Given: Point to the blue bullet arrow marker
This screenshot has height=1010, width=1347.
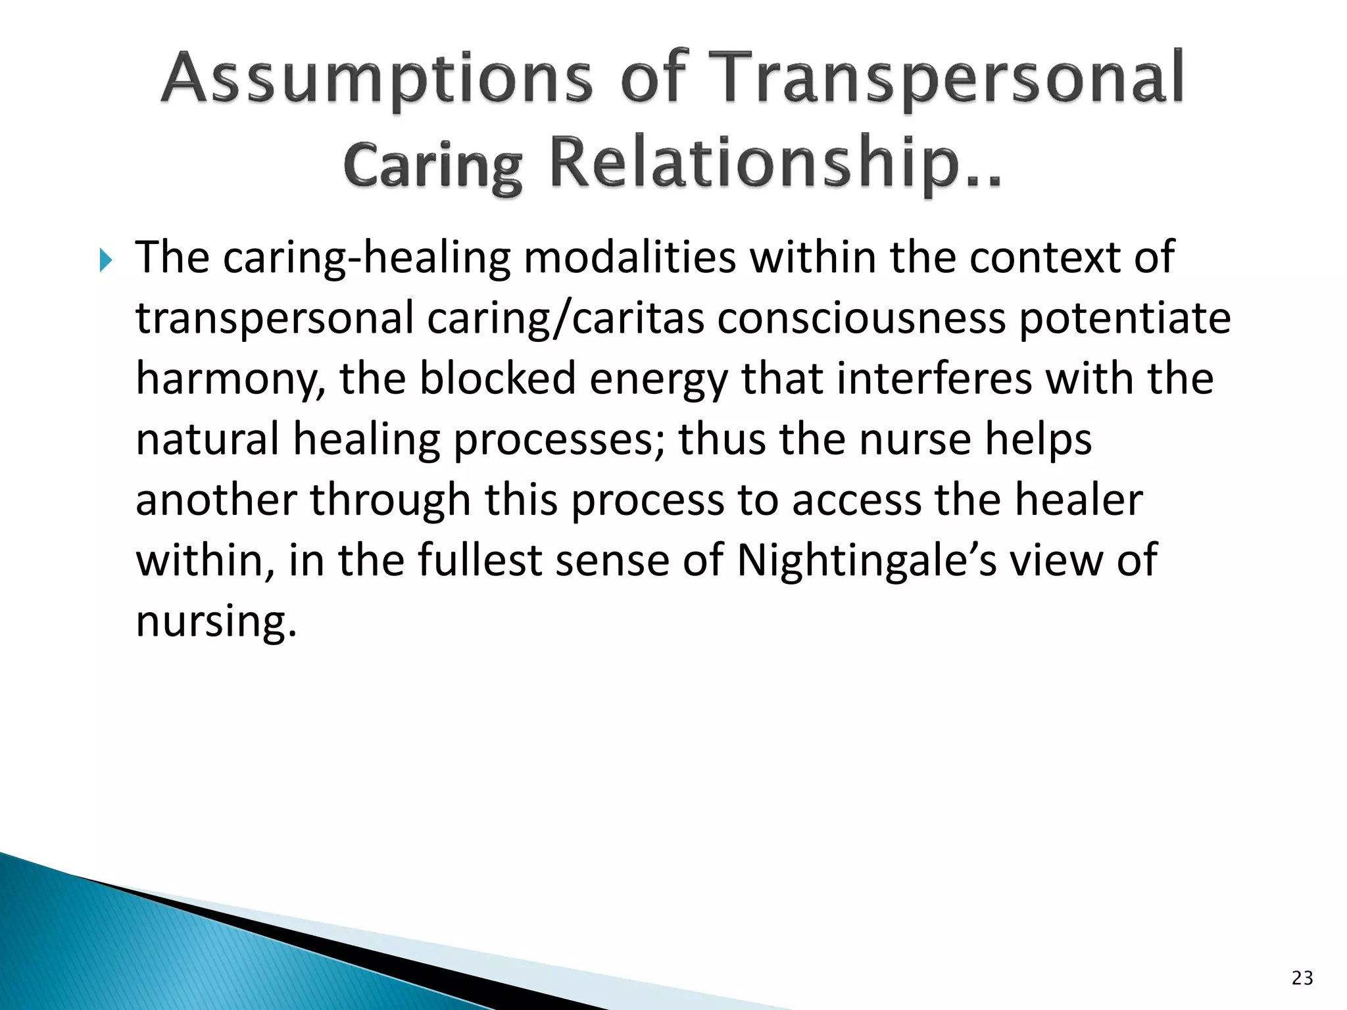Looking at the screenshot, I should click(106, 261).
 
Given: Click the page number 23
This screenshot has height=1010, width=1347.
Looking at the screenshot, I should click(1302, 978).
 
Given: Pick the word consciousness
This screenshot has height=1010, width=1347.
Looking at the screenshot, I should click(861, 318).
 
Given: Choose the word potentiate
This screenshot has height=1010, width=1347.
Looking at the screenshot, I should click(1124, 318).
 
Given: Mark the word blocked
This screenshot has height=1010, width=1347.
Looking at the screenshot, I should click(497, 379).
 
